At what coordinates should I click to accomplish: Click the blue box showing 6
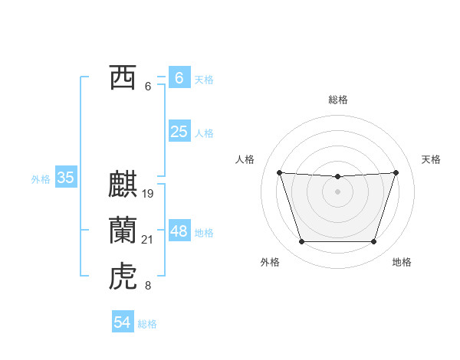pos(179,78)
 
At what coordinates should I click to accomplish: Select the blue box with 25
pos(179,132)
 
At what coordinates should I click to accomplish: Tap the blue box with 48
pos(179,231)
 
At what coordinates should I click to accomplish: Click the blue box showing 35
pos(65,178)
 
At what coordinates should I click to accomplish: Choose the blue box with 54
pos(123,322)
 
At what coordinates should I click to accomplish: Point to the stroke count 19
pos(148,194)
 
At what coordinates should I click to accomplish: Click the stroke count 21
pos(148,240)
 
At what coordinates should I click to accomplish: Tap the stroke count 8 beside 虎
pos(148,286)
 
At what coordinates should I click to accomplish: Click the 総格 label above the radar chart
pos(338,100)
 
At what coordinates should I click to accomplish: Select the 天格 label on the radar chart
pos(431,159)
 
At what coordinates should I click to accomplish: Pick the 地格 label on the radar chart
pos(402,262)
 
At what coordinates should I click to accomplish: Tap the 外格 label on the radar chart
pos(270,262)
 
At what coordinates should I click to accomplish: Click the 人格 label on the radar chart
pos(245,159)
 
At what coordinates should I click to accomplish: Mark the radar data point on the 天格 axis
pos(396,172)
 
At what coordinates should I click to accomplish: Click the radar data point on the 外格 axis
pos(301,242)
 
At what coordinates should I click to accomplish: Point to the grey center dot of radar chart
pos(338,191)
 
